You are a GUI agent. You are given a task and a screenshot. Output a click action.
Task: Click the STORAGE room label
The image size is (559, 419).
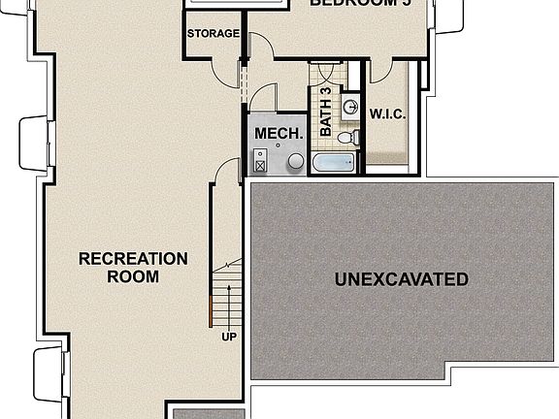point(213,34)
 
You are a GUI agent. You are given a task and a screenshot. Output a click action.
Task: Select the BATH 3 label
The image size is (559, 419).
point(326,111)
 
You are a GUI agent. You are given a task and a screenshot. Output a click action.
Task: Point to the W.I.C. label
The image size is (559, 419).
point(387,113)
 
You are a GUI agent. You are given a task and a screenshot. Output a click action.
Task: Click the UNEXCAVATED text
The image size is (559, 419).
point(401,280)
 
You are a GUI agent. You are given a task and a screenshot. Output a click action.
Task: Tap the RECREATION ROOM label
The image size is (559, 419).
point(133,268)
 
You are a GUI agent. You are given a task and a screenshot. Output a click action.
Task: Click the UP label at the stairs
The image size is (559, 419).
point(229,338)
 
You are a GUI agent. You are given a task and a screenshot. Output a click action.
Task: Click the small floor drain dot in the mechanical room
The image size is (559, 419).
point(278,146)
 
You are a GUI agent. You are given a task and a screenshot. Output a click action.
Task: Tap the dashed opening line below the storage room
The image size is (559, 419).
point(242,82)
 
